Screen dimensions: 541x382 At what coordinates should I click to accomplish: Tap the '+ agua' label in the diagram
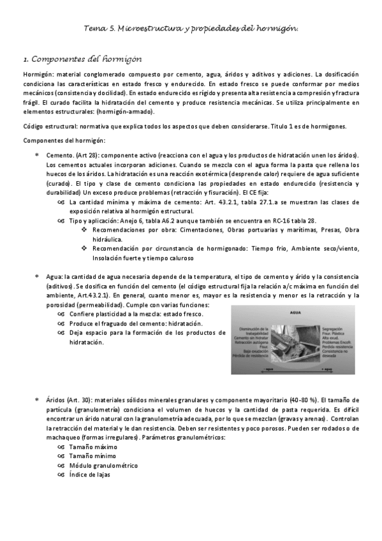coord(328,369)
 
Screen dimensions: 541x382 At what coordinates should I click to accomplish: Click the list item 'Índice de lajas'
coord(91,475)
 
